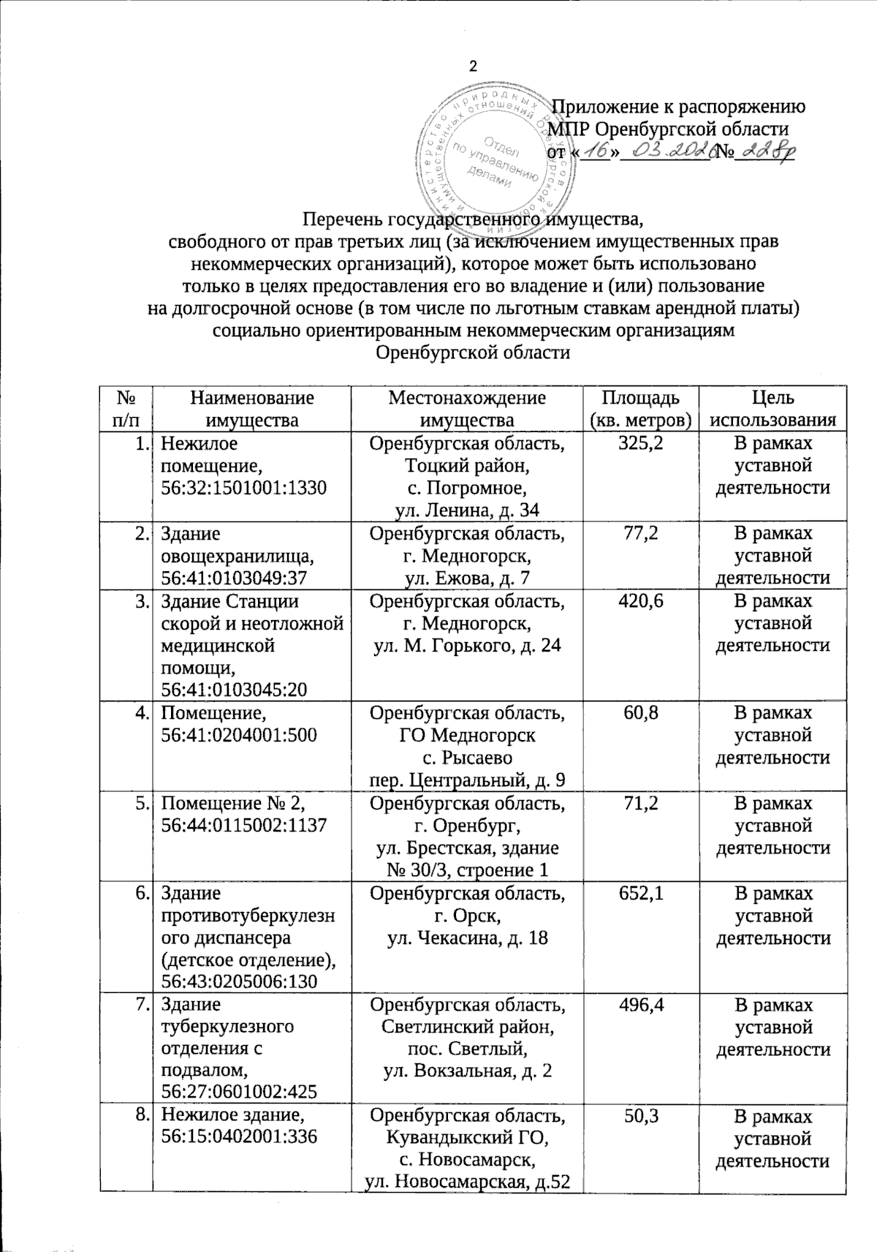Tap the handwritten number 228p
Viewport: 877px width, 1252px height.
point(764,151)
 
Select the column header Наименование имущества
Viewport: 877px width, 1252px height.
point(252,409)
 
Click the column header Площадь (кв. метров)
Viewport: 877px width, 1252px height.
point(640,409)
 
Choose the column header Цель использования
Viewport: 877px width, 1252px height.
point(773,409)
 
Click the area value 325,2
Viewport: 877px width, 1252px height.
point(641,443)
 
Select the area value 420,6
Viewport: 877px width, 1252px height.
point(641,601)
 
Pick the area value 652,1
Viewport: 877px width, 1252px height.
point(641,893)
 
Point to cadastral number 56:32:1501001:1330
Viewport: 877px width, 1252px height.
point(243,488)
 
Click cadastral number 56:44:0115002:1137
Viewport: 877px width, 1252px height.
point(243,825)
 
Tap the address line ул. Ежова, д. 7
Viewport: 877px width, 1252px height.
point(466,578)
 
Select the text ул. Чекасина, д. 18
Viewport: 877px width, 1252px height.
point(466,938)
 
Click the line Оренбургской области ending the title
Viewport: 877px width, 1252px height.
point(472,352)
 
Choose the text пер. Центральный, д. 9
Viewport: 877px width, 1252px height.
point(466,780)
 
